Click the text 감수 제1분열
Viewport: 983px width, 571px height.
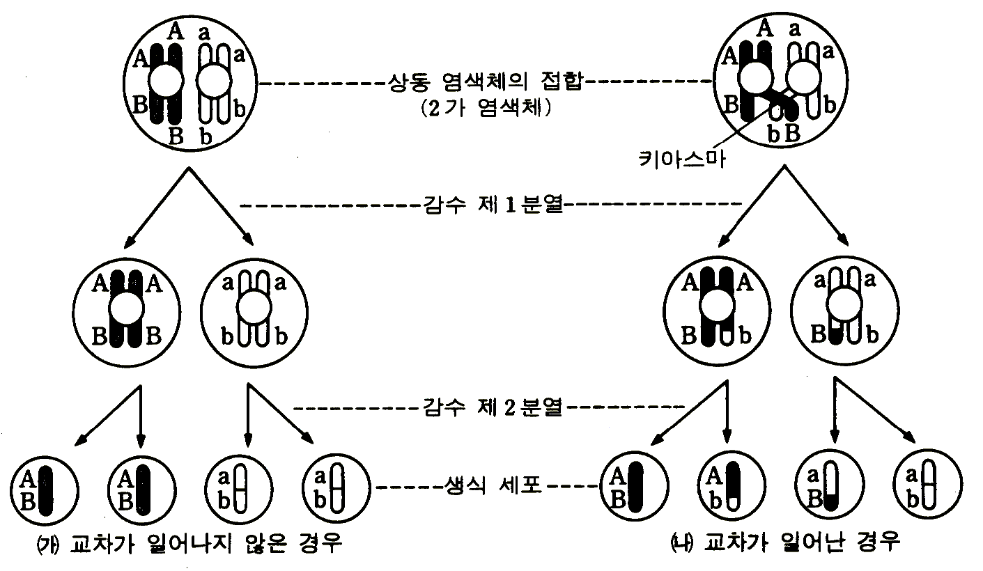pyautogui.click(x=490, y=205)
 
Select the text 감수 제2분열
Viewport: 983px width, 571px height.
pyautogui.click(x=491, y=407)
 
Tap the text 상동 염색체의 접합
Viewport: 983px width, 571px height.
pyautogui.click(x=486, y=82)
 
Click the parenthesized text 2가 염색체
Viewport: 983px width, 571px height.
pyautogui.click(x=486, y=111)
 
